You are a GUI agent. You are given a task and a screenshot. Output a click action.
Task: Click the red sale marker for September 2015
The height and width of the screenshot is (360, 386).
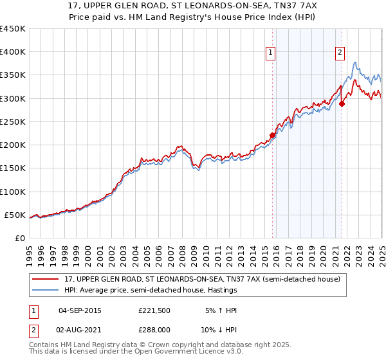click(x=272, y=136)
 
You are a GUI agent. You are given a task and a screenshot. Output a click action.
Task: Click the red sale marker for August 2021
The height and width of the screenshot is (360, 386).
click(x=342, y=104)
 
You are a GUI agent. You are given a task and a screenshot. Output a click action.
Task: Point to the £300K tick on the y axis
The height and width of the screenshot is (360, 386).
click(x=13, y=98)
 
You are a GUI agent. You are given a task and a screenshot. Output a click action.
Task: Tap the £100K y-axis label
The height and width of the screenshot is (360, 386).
click(x=13, y=192)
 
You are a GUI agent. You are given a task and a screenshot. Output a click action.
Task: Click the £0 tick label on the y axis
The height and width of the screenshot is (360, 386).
click(x=19, y=238)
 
